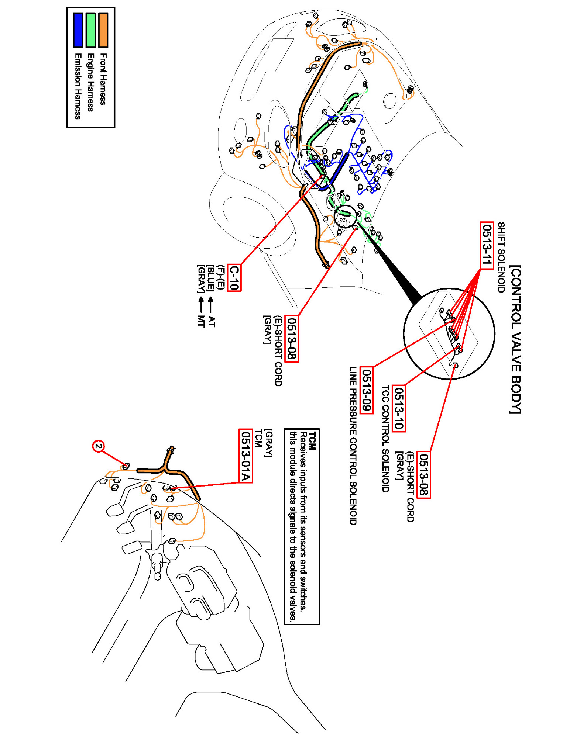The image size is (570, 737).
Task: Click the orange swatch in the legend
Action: pos(103,30)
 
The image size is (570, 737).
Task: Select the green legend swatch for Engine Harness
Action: pos(90,30)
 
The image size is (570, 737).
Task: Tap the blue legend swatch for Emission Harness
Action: pos(78,30)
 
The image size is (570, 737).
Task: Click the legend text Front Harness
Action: pos(103,79)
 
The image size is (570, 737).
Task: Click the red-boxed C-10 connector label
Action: pos(234,278)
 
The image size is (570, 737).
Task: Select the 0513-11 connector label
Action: pos(487,245)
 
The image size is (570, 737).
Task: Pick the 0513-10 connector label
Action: pos(398,408)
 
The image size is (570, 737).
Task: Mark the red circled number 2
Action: pos(98,446)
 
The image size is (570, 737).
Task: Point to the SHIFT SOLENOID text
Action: pos(501,257)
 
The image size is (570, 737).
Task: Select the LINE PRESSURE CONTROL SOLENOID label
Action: pos(353,446)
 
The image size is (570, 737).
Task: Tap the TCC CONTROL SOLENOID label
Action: pos(385,439)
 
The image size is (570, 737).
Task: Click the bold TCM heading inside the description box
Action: pos(312,441)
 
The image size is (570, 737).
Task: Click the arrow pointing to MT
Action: pos(201,304)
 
